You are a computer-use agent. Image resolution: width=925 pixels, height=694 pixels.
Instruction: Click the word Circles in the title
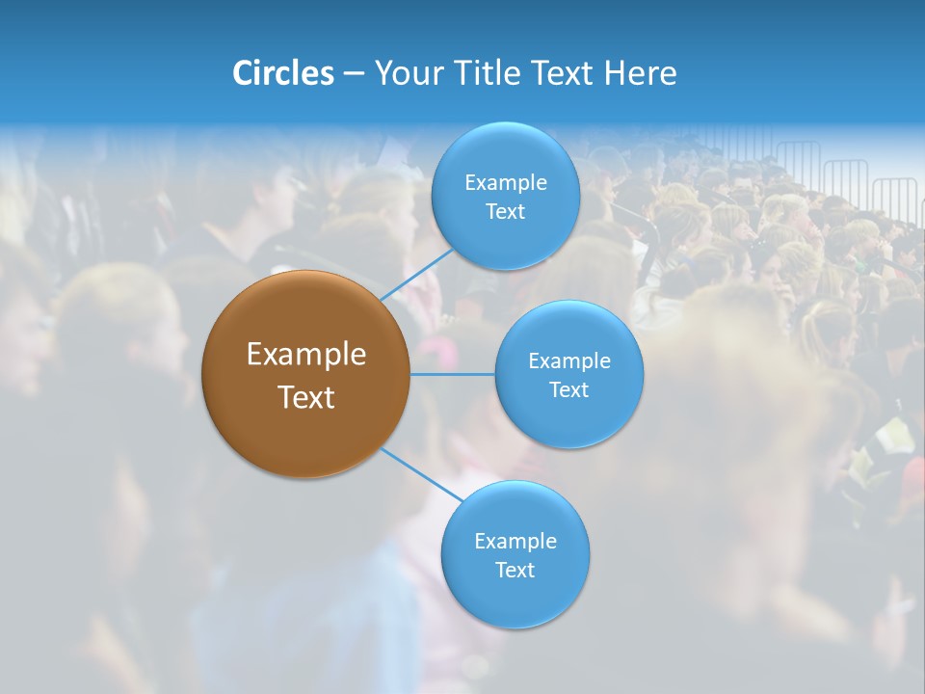click(282, 73)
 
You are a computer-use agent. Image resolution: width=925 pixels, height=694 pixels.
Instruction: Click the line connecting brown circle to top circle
click(416, 274)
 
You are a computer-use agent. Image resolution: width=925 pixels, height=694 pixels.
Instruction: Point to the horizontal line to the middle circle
click(452, 374)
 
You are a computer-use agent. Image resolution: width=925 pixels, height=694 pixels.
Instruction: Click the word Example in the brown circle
click(305, 355)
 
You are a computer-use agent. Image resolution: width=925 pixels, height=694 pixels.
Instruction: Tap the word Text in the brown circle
click(305, 397)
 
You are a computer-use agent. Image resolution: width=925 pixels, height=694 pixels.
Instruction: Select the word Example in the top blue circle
click(505, 182)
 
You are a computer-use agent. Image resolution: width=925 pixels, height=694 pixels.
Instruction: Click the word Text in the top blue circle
click(505, 211)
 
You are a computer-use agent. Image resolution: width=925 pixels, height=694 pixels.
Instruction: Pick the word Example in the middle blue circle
click(568, 360)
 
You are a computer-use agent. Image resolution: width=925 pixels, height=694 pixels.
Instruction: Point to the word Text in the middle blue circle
click(568, 389)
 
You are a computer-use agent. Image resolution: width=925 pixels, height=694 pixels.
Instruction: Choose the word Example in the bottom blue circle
click(515, 541)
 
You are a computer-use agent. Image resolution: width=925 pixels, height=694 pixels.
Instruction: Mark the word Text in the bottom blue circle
click(515, 570)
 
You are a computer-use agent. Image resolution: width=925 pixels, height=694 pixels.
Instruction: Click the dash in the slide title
click(354, 73)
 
